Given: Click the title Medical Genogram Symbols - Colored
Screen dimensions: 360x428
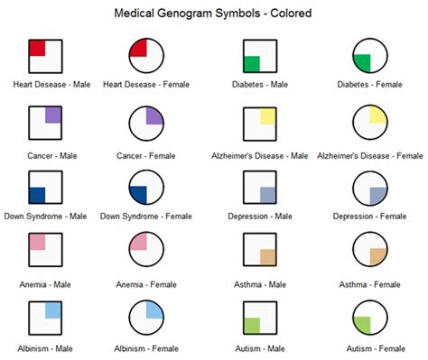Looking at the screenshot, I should click(x=213, y=14).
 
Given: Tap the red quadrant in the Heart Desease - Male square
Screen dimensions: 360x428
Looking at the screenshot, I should click(x=37, y=48).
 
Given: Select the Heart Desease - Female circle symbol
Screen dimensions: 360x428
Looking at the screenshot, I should click(x=145, y=56).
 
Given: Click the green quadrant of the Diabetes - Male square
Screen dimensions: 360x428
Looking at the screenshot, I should click(x=252, y=64).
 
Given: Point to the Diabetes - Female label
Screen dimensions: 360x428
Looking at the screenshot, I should click(x=369, y=85).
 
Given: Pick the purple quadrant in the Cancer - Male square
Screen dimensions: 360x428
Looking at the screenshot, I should click(x=53, y=115).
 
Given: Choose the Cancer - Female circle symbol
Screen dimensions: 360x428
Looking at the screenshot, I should click(x=145, y=123).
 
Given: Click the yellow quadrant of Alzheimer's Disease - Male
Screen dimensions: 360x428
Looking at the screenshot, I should click(x=268, y=115).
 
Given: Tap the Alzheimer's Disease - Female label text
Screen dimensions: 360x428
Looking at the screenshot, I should click(x=369, y=155).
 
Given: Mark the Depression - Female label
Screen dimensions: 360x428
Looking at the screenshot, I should click(x=369, y=217).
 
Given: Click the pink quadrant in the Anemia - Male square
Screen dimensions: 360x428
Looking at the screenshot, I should click(x=37, y=243).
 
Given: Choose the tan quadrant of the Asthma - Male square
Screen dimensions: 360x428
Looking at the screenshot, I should click(x=268, y=257).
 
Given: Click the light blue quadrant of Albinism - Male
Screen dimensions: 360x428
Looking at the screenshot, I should click(x=53, y=309).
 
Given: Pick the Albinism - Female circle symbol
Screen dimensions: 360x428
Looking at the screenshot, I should click(x=145, y=318).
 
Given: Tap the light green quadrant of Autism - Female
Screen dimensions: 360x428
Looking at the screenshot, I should click(x=362, y=326).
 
